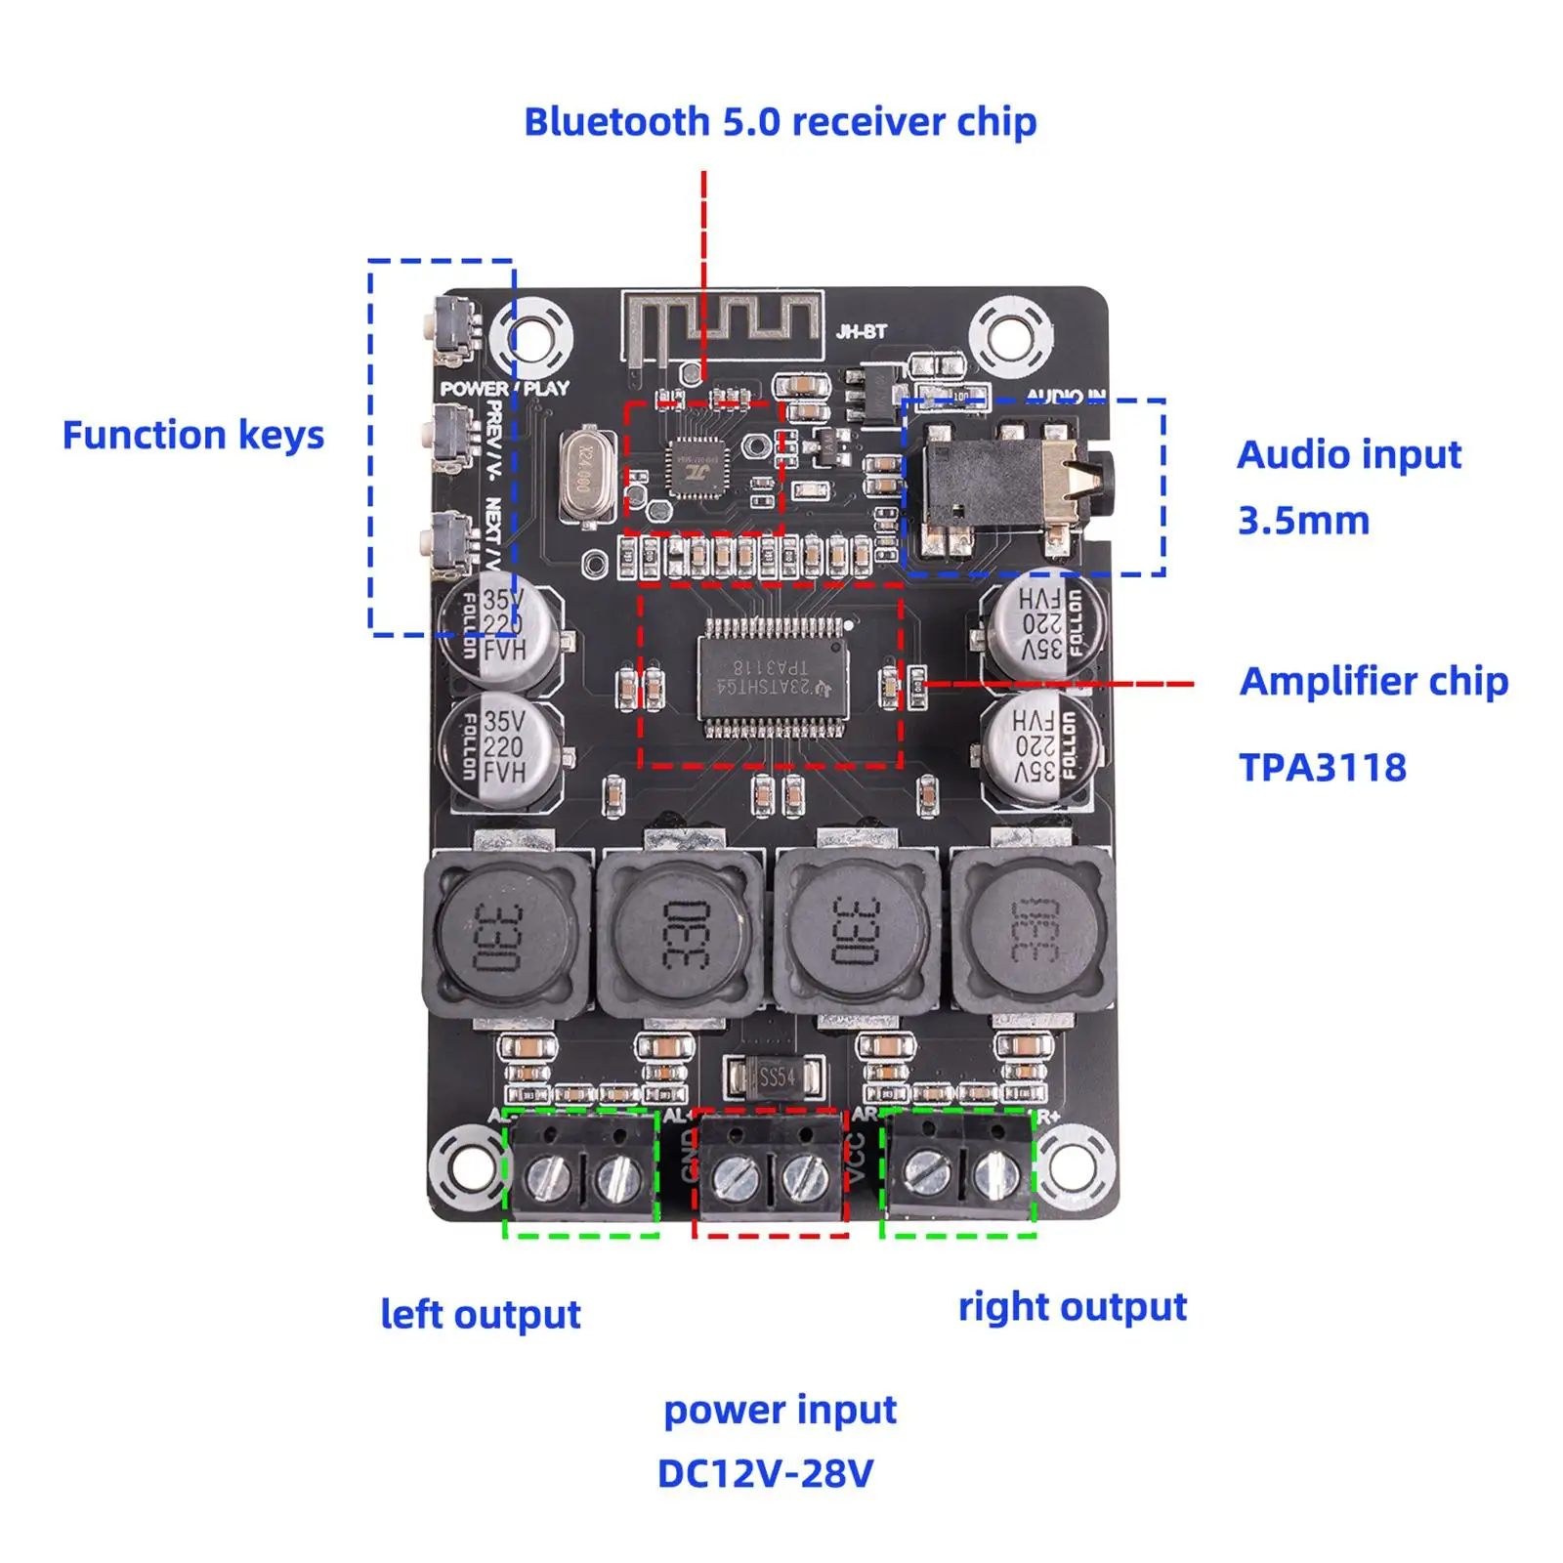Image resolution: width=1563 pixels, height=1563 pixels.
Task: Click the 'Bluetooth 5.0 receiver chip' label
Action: (780, 123)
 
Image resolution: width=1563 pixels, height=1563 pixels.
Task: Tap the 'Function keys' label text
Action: (192, 436)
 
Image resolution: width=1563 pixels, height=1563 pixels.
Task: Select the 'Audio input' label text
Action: (1348, 455)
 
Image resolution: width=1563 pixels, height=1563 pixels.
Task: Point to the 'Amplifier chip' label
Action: (1373, 682)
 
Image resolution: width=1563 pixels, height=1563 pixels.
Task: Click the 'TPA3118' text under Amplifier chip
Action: (1322, 768)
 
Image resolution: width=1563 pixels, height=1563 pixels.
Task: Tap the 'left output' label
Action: (480, 1315)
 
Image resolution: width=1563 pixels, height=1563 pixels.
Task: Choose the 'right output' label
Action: (1072, 1307)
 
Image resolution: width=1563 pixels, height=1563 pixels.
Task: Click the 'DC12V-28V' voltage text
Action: (765, 1474)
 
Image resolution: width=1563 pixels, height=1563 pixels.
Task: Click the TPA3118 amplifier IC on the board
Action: (771, 676)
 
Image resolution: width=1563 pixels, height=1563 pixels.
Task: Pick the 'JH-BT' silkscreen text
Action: (861, 332)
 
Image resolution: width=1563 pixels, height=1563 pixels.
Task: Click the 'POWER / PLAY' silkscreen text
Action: (504, 389)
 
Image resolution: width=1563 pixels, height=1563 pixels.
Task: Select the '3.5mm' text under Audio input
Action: (1303, 522)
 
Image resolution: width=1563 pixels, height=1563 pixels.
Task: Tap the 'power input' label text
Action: (780, 1411)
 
